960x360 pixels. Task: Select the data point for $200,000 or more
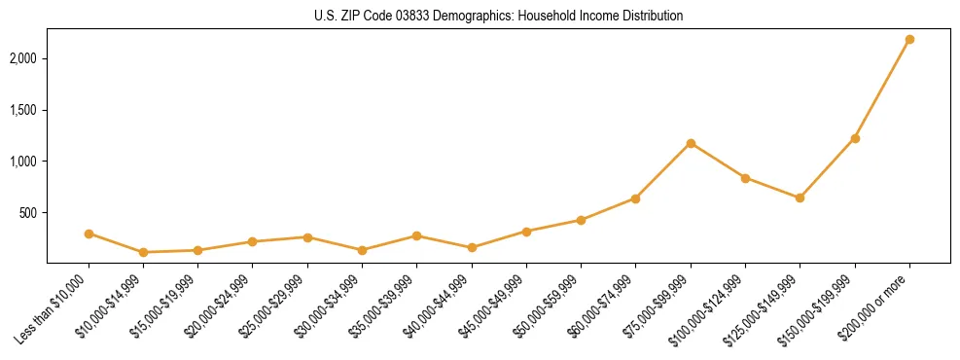(909, 40)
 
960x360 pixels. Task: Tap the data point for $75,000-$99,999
(691, 143)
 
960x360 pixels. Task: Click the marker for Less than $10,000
(89, 234)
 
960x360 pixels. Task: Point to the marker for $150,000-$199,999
(855, 138)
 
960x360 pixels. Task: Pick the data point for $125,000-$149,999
(800, 198)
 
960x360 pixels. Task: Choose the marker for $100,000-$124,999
(745, 178)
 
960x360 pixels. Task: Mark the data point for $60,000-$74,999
(635, 198)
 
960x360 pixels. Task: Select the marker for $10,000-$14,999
(143, 252)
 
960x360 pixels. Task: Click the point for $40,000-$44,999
(472, 247)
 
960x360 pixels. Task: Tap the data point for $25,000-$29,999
(307, 237)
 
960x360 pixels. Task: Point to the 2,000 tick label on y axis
(23, 58)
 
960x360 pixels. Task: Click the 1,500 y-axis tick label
(23, 110)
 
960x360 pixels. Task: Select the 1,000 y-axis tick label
(23, 162)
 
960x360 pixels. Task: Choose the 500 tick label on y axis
(28, 213)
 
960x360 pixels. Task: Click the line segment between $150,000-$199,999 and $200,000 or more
(882, 90)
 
